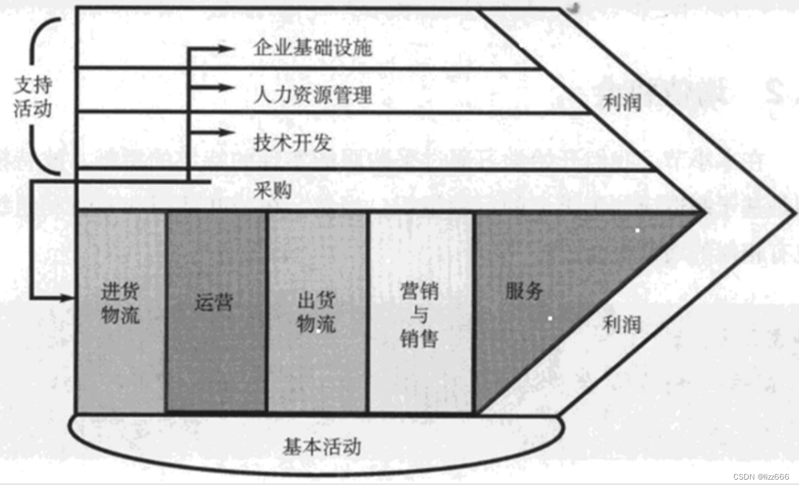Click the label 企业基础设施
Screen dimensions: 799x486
click(x=312, y=48)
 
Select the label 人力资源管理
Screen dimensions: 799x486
click(x=312, y=96)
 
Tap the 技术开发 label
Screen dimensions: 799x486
click(x=292, y=142)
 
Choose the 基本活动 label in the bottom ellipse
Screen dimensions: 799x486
click(x=322, y=446)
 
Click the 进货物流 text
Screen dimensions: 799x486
click(x=120, y=304)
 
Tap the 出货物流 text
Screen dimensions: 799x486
click(x=316, y=312)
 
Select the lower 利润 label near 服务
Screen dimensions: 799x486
click(x=621, y=325)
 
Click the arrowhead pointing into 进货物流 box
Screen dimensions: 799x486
click(x=69, y=298)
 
